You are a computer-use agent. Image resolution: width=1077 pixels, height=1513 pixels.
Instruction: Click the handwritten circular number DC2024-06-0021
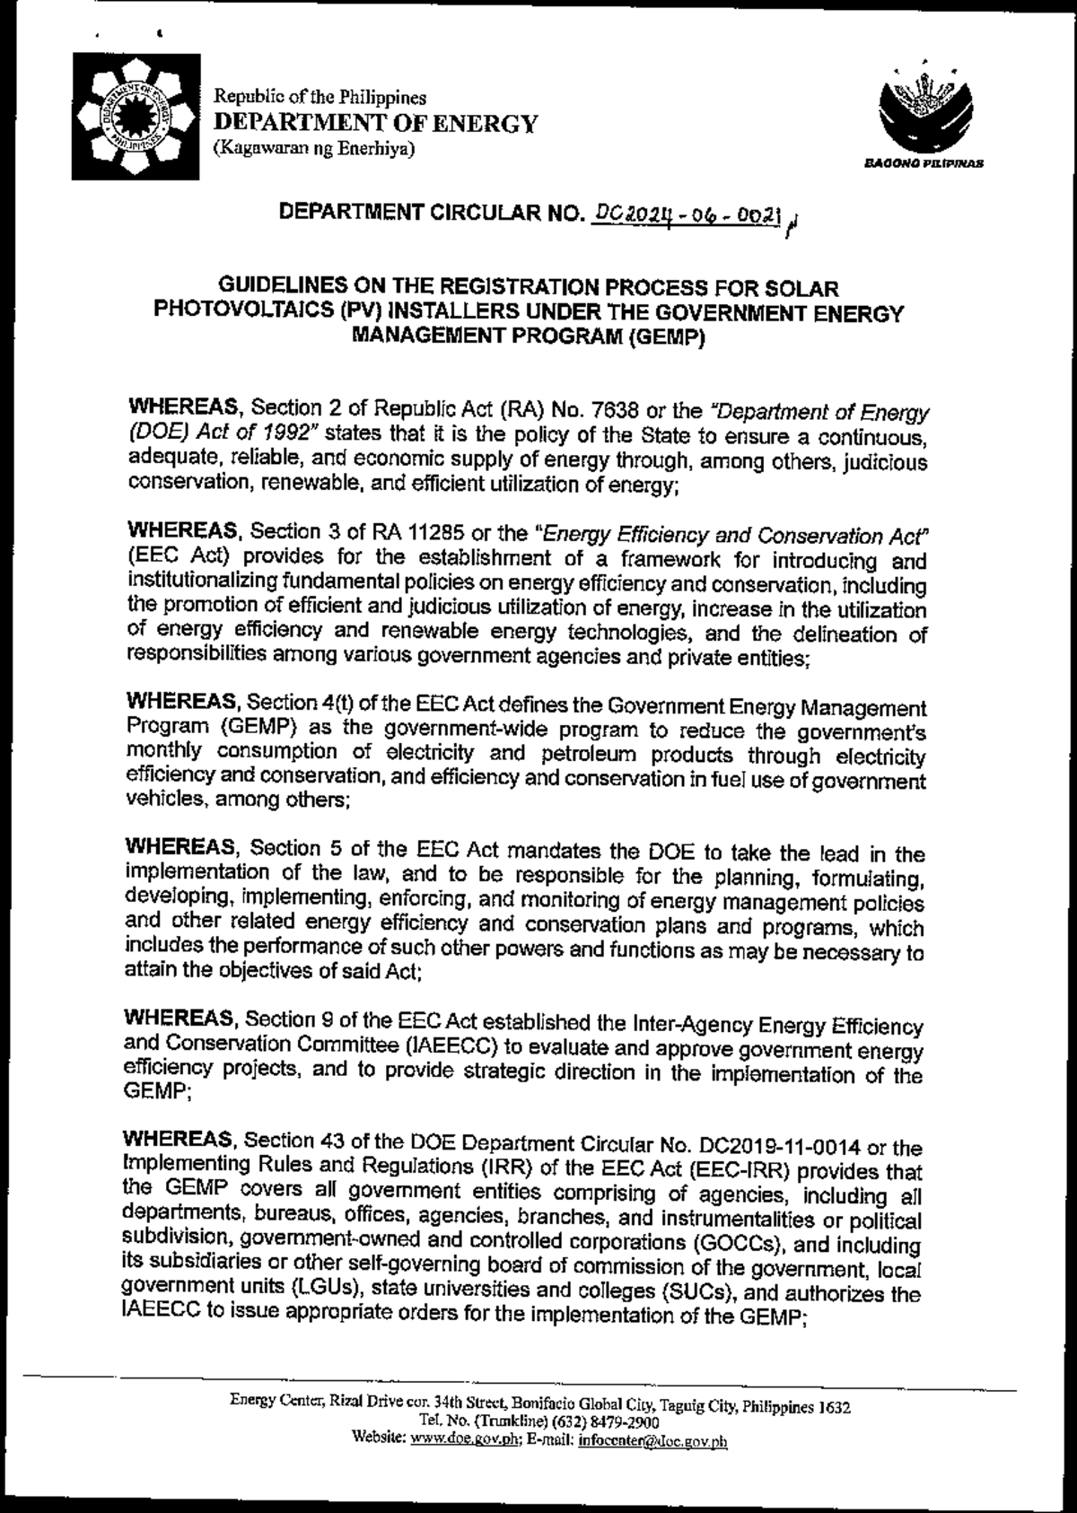[684, 215]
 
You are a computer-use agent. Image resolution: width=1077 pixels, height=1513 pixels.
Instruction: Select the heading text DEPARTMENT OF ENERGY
[374, 123]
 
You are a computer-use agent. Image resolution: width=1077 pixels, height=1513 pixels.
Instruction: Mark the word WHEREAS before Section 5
[183, 848]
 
